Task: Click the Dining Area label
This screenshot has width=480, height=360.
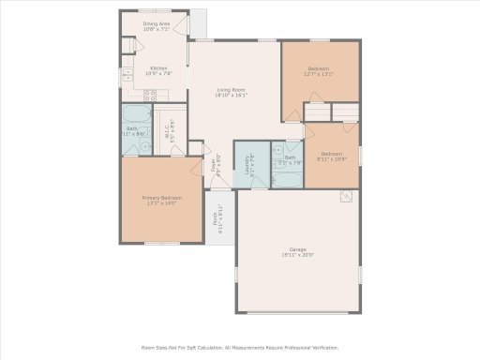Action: [x=156, y=23]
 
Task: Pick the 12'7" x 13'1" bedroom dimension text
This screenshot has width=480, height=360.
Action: [x=320, y=72]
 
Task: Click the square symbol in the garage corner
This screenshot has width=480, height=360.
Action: [x=347, y=197]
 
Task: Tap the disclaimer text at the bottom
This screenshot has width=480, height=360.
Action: [x=239, y=346]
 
